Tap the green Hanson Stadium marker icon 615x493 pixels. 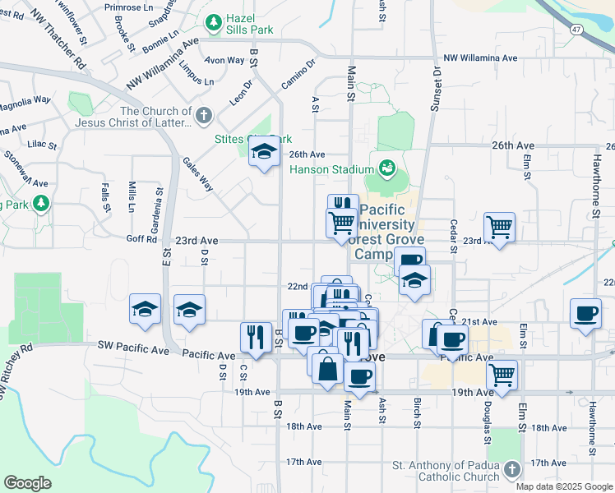pyautogui.click(x=387, y=168)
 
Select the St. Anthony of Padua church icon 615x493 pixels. pyautogui.click(x=511, y=469)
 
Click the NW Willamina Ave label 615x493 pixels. pyautogui.click(x=480, y=58)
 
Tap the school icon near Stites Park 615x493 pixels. pyautogui.click(x=264, y=153)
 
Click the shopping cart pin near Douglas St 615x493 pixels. pyautogui.click(x=502, y=375)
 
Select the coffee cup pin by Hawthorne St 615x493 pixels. pyautogui.click(x=585, y=314)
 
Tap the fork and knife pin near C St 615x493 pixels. pyautogui.click(x=256, y=337)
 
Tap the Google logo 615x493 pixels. pyautogui.click(x=28, y=483)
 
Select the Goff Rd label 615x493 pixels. pyautogui.click(x=141, y=240)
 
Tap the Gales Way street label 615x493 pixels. pyautogui.click(x=197, y=174)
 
